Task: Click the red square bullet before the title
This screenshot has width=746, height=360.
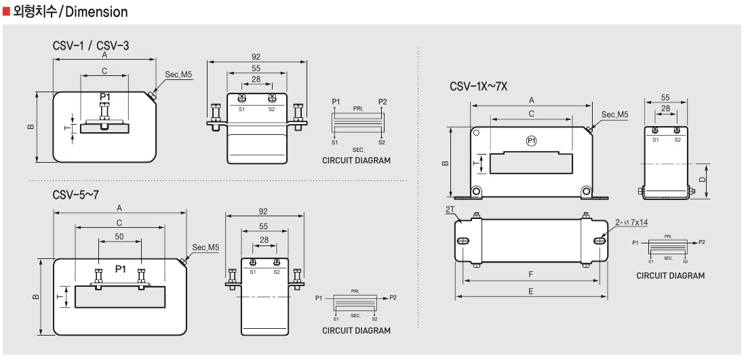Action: coord(7,12)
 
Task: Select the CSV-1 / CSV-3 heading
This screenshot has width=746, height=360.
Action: coord(91,46)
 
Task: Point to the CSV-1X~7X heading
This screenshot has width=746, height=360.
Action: coord(478,87)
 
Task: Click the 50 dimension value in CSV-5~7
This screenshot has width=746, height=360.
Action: coord(119,236)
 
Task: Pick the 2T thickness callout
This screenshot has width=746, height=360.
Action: coord(450,210)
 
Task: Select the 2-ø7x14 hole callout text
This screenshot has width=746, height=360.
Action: coord(631,222)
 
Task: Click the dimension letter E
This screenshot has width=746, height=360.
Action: coord(530,291)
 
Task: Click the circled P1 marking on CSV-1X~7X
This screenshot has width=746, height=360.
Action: coord(532,140)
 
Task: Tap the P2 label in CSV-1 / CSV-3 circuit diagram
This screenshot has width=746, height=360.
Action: coord(382,102)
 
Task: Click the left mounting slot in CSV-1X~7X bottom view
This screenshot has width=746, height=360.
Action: coord(464,241)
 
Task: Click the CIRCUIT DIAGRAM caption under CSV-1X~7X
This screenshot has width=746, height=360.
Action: coord(670,276)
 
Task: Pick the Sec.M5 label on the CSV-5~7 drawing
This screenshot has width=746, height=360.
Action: coord(205,247)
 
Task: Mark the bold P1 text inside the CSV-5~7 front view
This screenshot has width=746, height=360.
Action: coord(121,269)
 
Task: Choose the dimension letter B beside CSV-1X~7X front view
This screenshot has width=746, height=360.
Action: coord(445,163)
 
